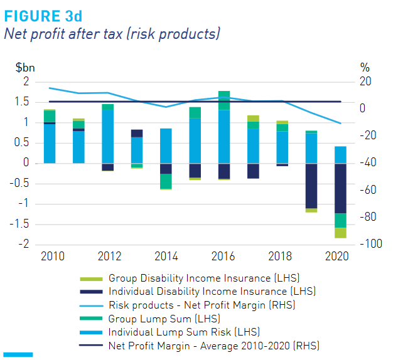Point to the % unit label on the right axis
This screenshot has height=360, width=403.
click(x=365, y=66)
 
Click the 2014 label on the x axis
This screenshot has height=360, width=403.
click(x=165, y=257)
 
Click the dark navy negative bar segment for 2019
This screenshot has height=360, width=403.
click(x=311, y=186)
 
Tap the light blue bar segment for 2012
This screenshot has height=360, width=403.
click(x=107, y=136)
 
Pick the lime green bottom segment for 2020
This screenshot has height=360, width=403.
click(x=340, y=233)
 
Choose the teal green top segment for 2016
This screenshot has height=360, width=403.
click(x=224, y=100)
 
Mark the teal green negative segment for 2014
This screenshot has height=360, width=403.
click(x=166, y=181)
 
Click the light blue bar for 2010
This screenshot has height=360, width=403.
click(x=50, y=144)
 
